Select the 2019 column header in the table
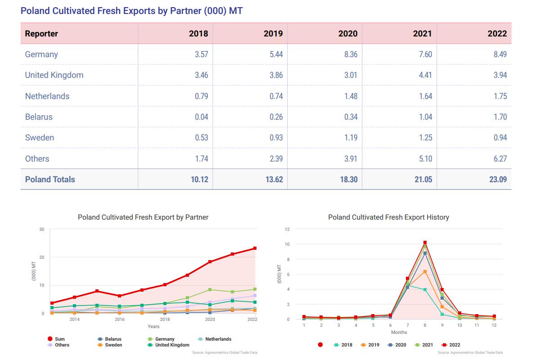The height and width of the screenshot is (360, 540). [273, 34]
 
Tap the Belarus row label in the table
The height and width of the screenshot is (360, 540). [39, 117]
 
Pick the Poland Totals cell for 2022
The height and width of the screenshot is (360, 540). [497, 180]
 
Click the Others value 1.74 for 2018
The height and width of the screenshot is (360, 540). [201, 159]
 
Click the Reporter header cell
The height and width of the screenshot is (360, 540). [41, 34]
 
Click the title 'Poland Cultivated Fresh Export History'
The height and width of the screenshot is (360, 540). [388, 217]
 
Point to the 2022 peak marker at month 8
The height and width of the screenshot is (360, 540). [425, 243]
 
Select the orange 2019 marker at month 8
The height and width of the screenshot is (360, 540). [425, 271]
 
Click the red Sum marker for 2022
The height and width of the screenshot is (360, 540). [255, 248]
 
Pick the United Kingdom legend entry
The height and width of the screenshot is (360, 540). [172, 345]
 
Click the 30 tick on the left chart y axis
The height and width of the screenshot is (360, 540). [41, 229]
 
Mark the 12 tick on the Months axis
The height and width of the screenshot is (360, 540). [494, 325]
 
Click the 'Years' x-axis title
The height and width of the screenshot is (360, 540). [153, 326]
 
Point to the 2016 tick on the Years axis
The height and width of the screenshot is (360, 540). [120, 319]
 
